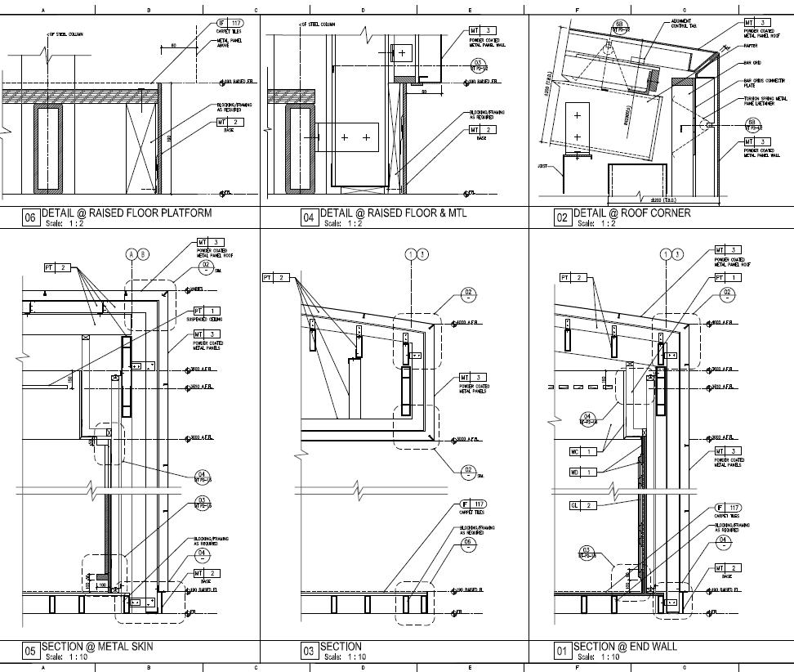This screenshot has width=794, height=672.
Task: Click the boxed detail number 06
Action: point(29,218)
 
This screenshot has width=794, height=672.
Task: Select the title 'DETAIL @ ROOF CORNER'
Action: point(631,213)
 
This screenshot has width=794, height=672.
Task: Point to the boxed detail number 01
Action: point(561,652)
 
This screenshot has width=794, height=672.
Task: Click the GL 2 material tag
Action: point(582,505)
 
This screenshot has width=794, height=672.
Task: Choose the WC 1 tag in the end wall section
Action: point(582,451)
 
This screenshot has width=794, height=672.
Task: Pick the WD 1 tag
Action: point(582,472)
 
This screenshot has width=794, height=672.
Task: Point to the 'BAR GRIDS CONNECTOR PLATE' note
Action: point(757,83)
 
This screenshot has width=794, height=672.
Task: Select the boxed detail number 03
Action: point(308,652)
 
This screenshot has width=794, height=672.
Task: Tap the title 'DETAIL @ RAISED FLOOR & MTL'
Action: point(393,213)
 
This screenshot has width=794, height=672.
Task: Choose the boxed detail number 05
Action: point(29,652)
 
